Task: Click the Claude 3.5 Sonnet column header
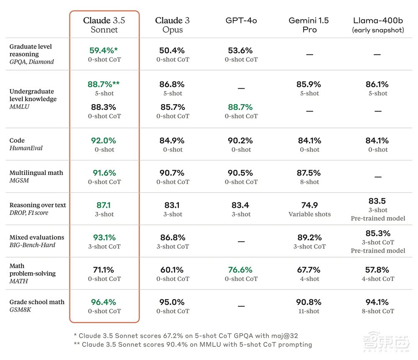tap(104, 25)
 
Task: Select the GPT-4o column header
tap(241, 20)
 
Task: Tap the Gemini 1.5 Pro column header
tap(309, 25)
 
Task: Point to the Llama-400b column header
tap(377, 25)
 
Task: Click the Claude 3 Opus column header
tap(173, 25)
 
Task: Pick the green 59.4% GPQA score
tap(103, 51)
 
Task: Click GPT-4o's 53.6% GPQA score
tap(241, 51)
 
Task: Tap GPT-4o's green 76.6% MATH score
tap(241, 270)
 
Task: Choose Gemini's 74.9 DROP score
tap(309, 205)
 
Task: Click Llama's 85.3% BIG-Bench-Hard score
tap(378, 233)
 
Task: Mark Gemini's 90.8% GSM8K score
tap(309, 302)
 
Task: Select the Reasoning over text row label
tap(38, 205)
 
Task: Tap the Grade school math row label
tap(37, 302)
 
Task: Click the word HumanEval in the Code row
tap(26, 148)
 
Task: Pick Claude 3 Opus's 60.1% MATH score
tap(173, 270)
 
